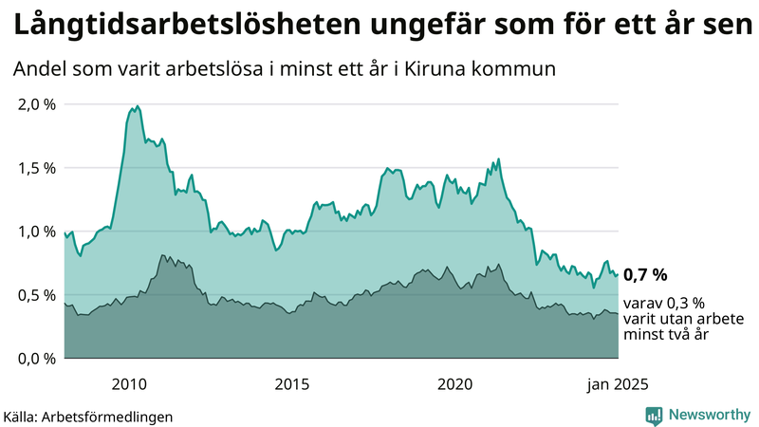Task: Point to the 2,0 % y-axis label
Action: (x=37, y=104)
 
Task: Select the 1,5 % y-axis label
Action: (x=37, y=168)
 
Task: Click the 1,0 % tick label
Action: (x=37, y=232)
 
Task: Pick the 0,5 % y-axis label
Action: (x=37, y=295)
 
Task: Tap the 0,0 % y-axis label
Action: (x=37, y=359)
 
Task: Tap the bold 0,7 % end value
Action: (x=645, y=275)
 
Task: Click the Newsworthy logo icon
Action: (x=654, y=415)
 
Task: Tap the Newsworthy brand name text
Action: (x=709, y=415)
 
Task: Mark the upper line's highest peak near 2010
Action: (x=137, y=106)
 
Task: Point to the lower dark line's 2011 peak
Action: (x=162, y=255)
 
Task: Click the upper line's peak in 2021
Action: (x=499, y=159)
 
